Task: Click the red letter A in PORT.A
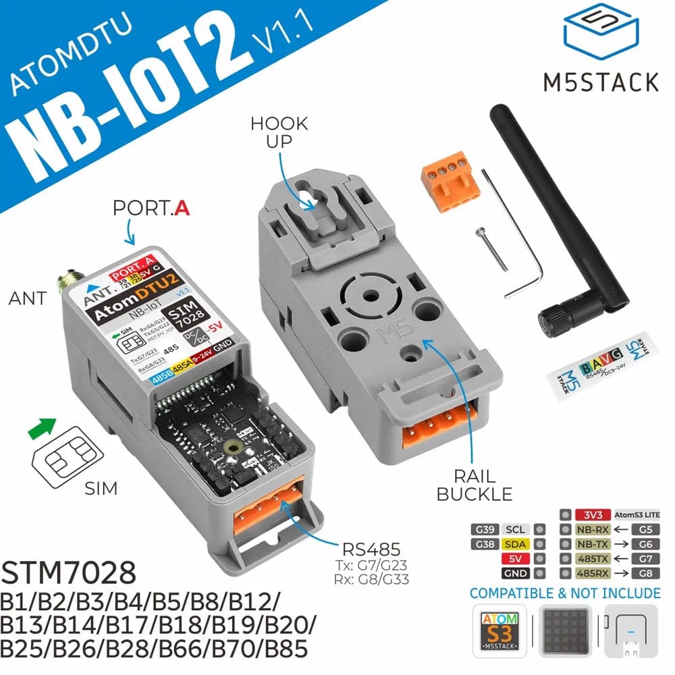click(181, 208)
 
